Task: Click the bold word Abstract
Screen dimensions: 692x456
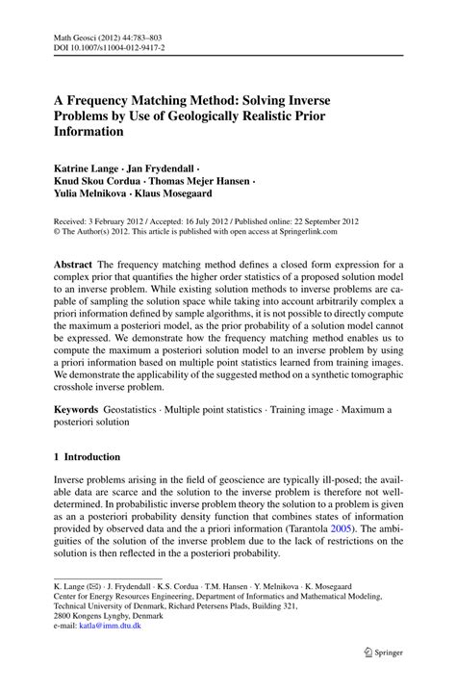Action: (x=75, y=265)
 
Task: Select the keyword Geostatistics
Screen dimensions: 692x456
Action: (x=144, y=411)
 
